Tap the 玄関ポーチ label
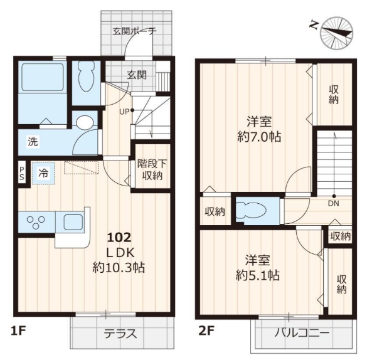134,31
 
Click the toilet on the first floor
86,77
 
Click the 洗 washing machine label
33,142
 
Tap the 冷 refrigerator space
43,173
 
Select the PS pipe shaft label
21,173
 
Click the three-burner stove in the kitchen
36,222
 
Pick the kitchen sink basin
73,222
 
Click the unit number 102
119,238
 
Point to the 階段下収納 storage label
152,169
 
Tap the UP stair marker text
124,112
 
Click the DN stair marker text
334,203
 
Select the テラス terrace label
120,334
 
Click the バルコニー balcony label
302,333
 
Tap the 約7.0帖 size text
259,137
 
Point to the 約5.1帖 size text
258,275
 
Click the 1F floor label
18,331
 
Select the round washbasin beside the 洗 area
85,122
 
